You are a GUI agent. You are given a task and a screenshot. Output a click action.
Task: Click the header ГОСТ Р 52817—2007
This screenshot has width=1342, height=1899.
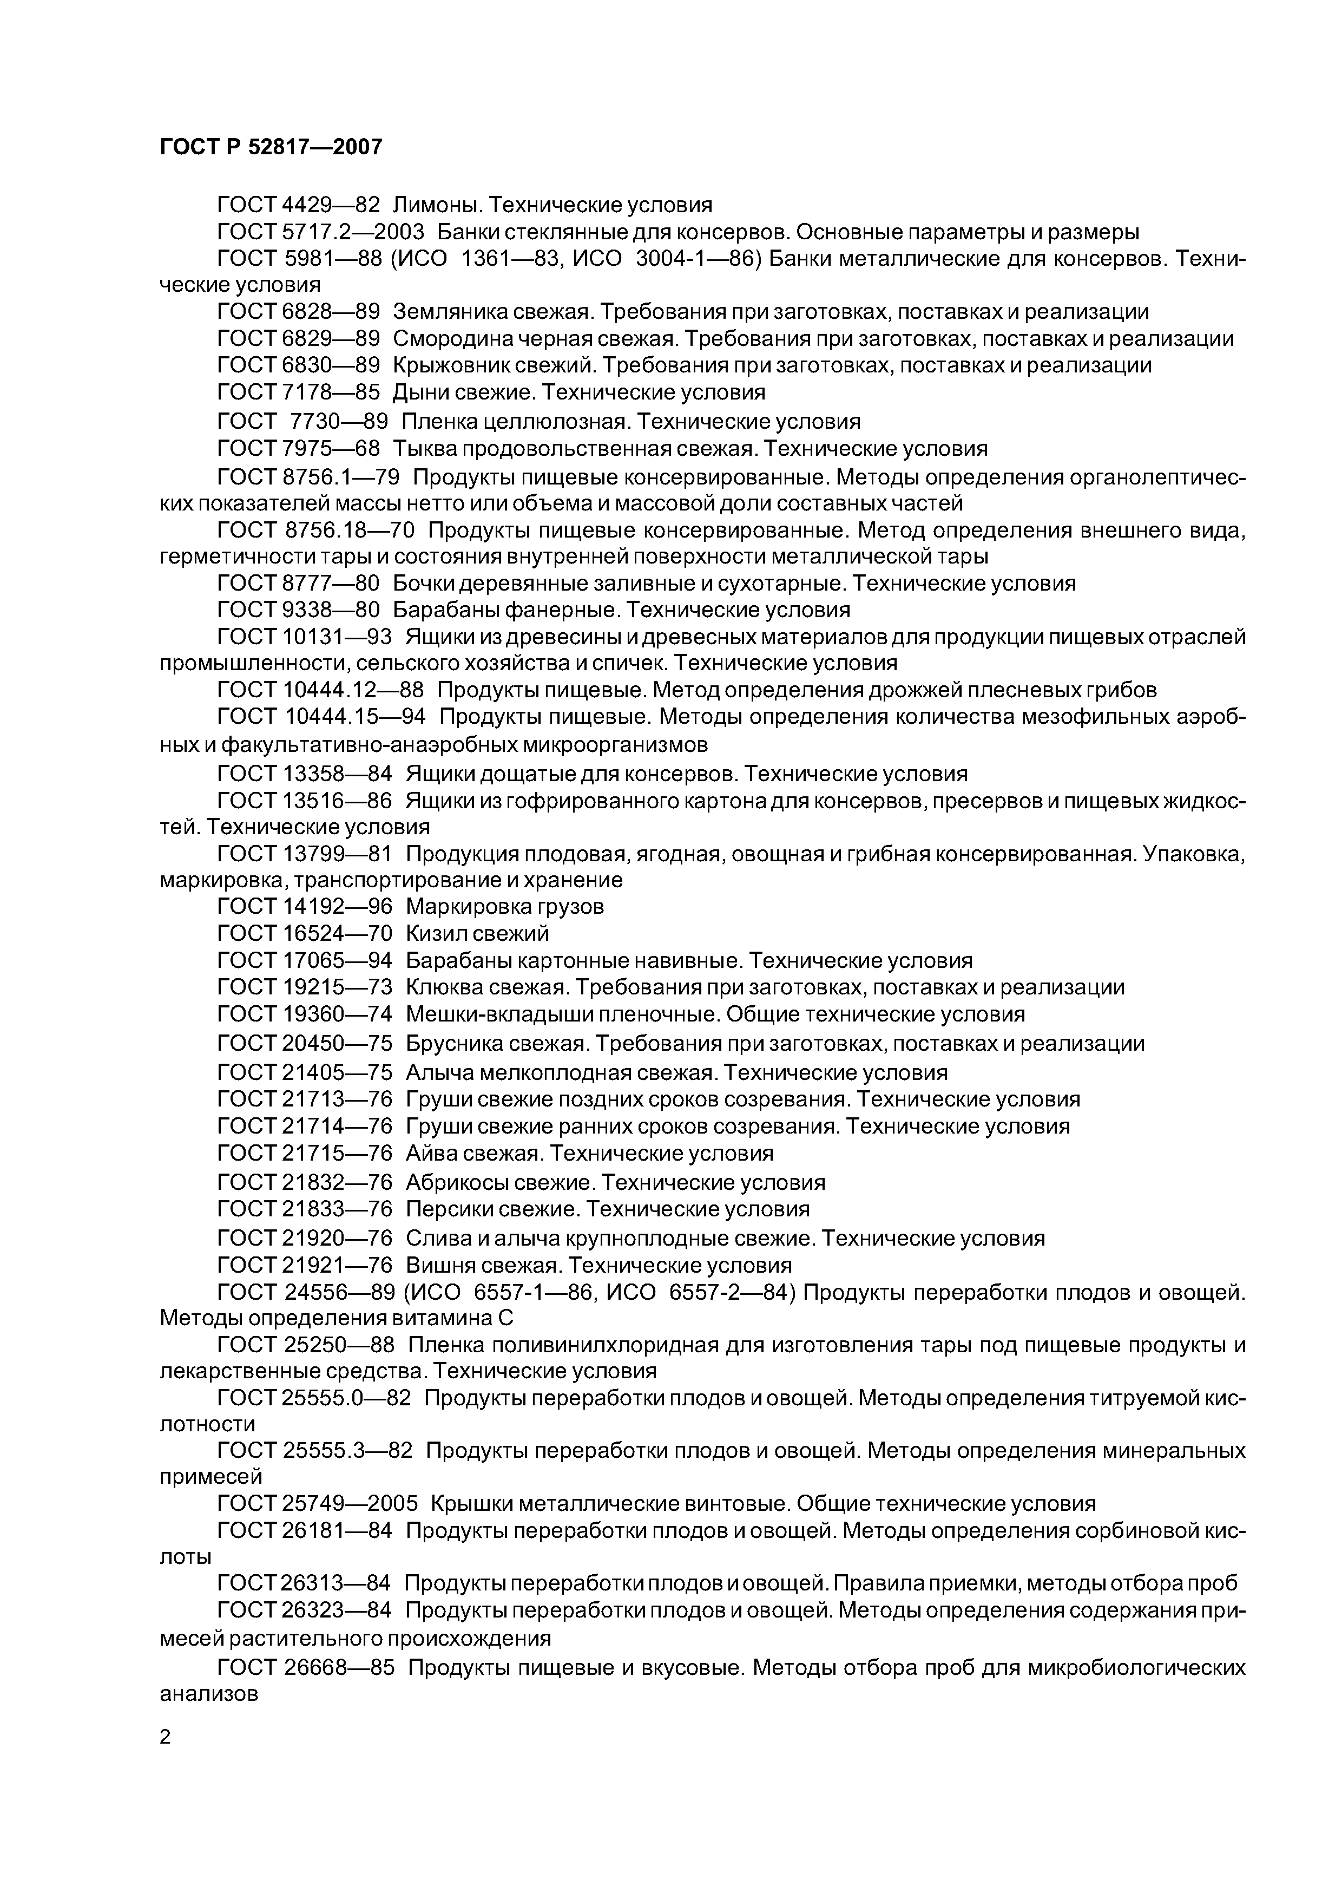[271, 147]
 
